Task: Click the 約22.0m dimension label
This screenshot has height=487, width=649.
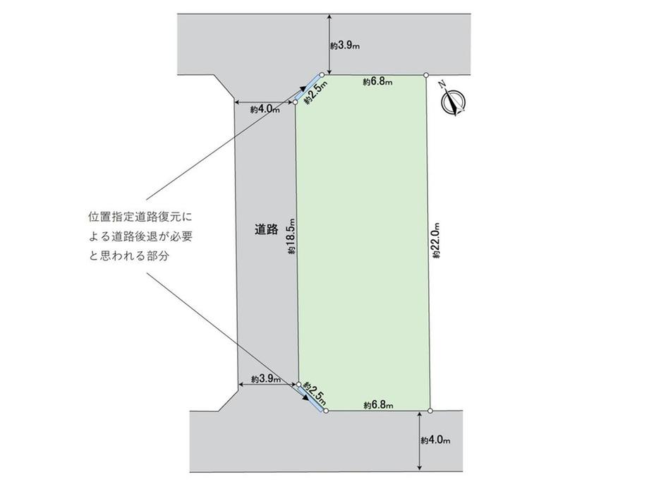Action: [x=437, y=241]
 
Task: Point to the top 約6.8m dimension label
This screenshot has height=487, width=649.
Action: [x=378, y=82]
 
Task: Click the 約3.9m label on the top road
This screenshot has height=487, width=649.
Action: [x=345, y=45]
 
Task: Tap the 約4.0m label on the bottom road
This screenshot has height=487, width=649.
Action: [x=435, y=441]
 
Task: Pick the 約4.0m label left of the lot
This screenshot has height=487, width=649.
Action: [x=265, y=109]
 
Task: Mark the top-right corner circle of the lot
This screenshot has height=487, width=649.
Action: [x=426, y=74]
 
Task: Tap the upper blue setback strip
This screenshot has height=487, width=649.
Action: [x=308, y=87]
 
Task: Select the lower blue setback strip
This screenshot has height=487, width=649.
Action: [x=311, y=398]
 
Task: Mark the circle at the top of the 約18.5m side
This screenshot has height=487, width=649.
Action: [x=296, y=102]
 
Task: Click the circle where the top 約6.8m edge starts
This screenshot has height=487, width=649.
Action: [x=322, y=74]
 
